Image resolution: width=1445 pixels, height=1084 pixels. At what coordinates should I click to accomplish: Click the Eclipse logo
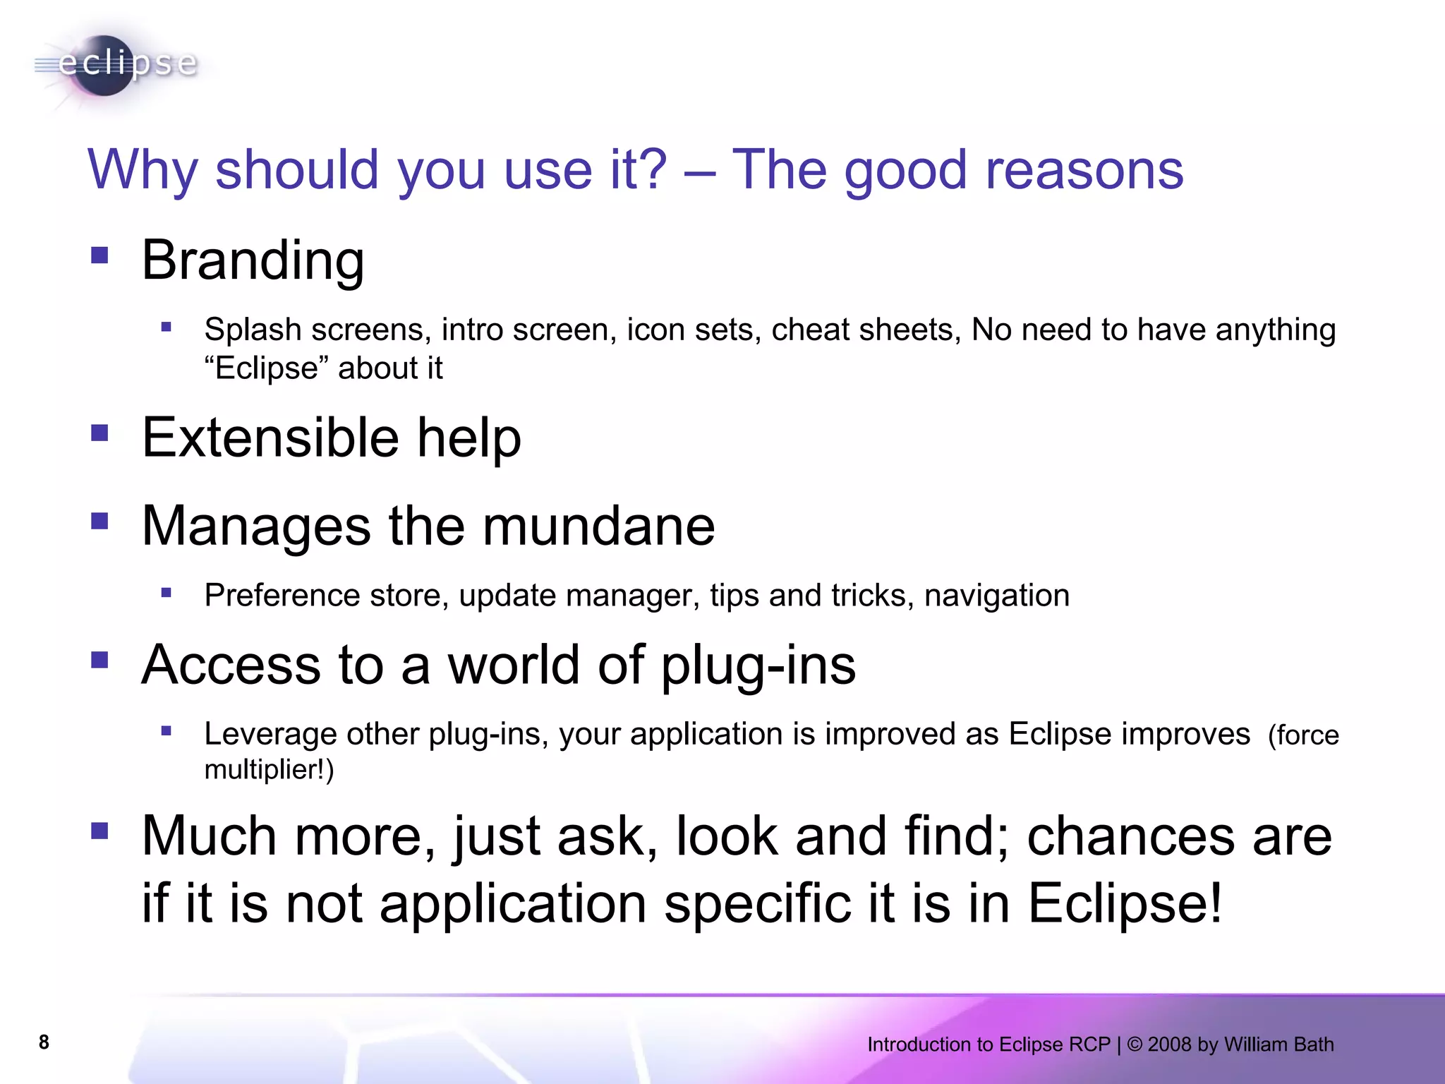point(116,65)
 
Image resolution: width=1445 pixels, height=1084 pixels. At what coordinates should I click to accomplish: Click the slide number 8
point(44,1042)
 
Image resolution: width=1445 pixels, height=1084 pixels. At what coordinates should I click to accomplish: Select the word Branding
point(253,260)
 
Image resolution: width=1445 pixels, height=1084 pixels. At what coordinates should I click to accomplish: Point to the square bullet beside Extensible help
point(99,432)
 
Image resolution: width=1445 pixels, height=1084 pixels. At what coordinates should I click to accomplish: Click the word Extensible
point(270,437)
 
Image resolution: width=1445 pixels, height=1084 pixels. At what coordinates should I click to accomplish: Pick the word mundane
point(599,526)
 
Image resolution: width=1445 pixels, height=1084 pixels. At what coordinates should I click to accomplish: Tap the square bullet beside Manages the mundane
point(99,521)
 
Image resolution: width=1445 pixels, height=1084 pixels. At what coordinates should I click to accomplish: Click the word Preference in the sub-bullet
point(282,596)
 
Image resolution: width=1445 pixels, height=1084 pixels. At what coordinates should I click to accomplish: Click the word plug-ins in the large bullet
point(758,666)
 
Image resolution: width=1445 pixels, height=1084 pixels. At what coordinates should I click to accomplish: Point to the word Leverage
point(270,734)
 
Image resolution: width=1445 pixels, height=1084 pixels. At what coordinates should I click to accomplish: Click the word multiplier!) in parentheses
point(269,769)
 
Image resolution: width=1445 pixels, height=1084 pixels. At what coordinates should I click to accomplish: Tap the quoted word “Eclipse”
point(267,368)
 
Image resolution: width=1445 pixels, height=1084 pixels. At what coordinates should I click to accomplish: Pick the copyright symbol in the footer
point(1135,1044)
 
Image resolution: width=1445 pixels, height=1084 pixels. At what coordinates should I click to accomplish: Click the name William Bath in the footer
point(1278,1044)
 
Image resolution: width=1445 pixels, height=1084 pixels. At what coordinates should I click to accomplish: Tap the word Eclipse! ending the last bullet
point(1125,903)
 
